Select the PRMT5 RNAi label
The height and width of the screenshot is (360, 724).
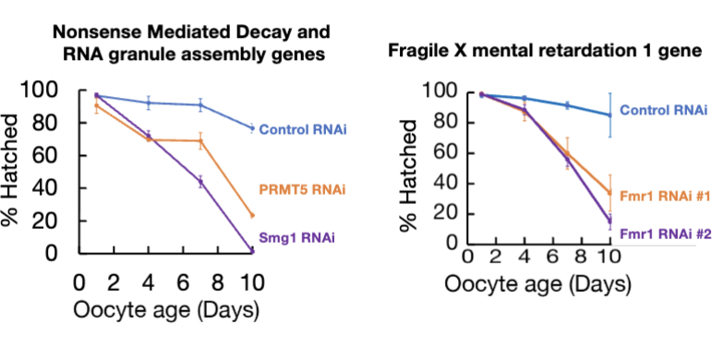308,190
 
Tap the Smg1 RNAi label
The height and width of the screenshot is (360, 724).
297,238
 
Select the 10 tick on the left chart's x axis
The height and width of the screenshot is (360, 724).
252,281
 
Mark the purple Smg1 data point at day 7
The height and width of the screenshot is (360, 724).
200,182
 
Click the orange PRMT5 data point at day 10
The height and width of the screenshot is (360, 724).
252,215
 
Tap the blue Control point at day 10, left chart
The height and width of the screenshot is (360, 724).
252,128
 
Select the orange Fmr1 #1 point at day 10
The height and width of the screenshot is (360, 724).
609,193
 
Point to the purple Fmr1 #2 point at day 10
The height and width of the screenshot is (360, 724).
609,222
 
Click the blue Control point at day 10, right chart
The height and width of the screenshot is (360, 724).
609,114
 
